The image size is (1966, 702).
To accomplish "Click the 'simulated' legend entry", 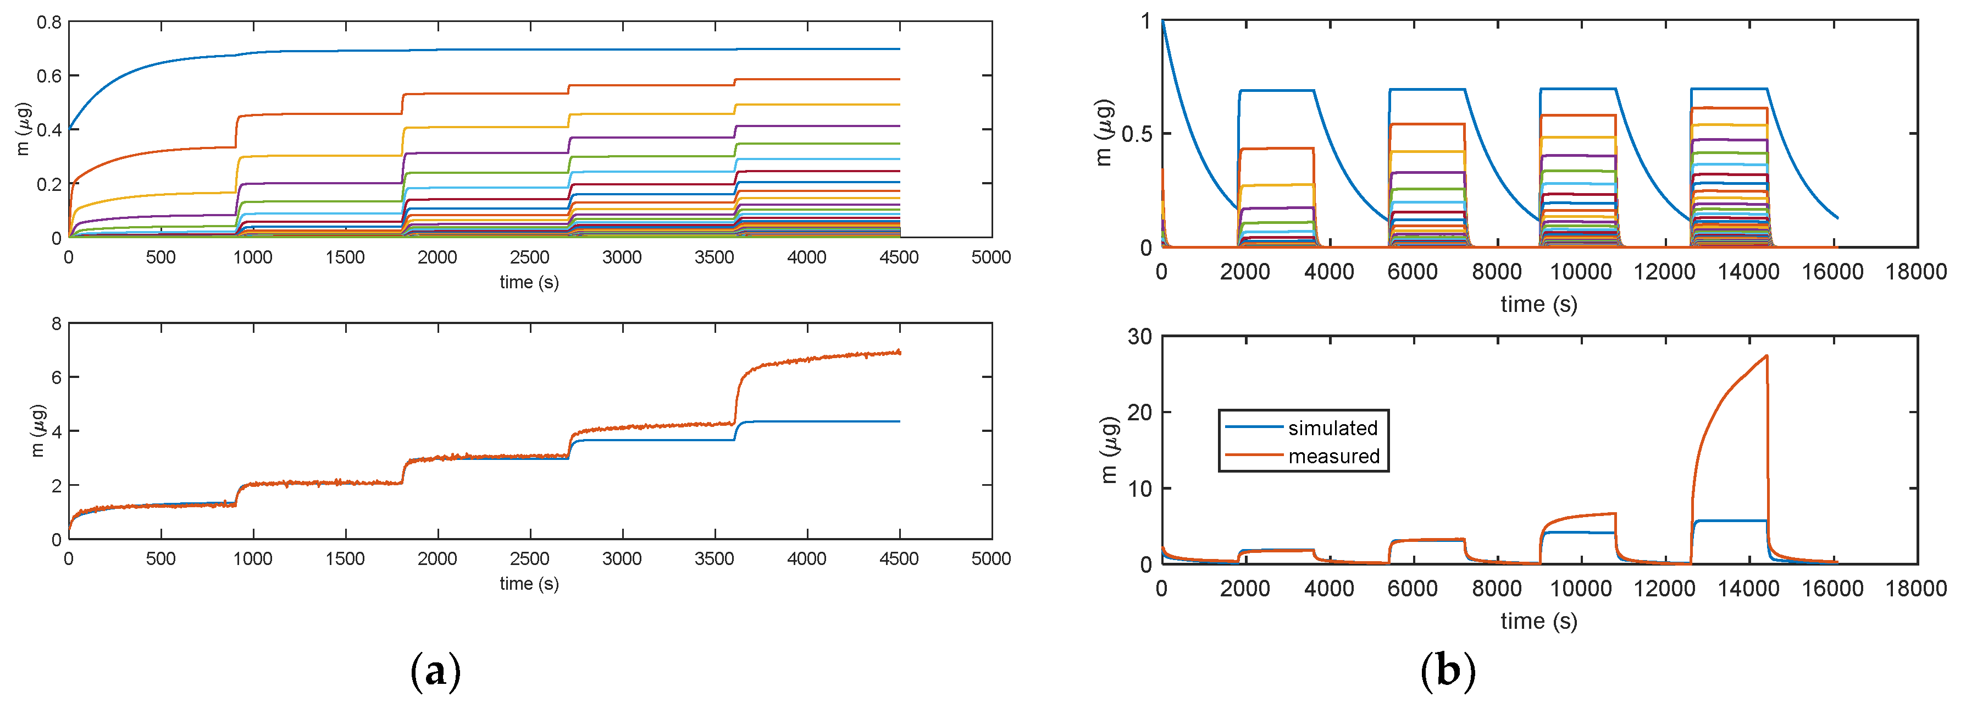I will tap(1332, 428).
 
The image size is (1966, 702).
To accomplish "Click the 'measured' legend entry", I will tap(1333, 456).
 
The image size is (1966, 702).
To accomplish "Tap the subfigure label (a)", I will tap(436, 671).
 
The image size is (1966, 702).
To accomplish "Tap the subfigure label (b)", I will tap(1448, 671).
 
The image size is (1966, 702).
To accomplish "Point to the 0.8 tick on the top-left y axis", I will tap(49, 22).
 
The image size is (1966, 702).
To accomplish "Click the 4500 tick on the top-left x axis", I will tap(899, 257).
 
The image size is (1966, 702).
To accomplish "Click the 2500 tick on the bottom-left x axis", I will tap(530, 558).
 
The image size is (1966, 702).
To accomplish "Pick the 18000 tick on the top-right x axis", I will tap(1915, 271).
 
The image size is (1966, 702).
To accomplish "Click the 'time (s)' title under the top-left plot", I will tap(529, 282).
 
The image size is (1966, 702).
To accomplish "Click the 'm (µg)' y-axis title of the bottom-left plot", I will tap(38, 431).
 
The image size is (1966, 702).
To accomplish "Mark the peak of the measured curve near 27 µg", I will tap(1766, 356).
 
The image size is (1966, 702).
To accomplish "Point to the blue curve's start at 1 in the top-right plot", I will tap(1162, 21).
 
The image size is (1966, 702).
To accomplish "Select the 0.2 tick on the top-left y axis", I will tap(49, 184).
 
